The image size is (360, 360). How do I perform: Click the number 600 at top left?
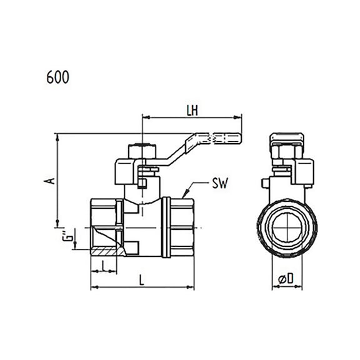coord(57,77)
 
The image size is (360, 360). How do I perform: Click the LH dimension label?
coord(192,111)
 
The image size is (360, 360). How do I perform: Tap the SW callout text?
coord(220,183)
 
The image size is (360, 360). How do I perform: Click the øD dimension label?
coord(286,278)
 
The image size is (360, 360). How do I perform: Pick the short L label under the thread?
coord(104,266)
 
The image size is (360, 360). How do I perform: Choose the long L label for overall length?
coord(142,280)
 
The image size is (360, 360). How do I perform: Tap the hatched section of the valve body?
coord(107,251)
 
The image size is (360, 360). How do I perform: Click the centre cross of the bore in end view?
coord(287,227)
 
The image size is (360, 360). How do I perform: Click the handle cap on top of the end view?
coord(287,137)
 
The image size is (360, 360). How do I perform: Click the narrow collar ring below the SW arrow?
coord(166,227)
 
